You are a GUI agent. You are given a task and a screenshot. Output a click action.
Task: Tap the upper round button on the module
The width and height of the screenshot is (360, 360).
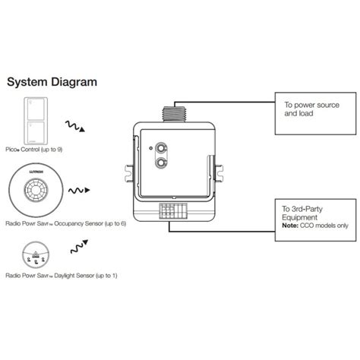pos(161,147)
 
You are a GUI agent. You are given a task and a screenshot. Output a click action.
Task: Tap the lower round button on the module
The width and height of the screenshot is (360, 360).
pos(161,161)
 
